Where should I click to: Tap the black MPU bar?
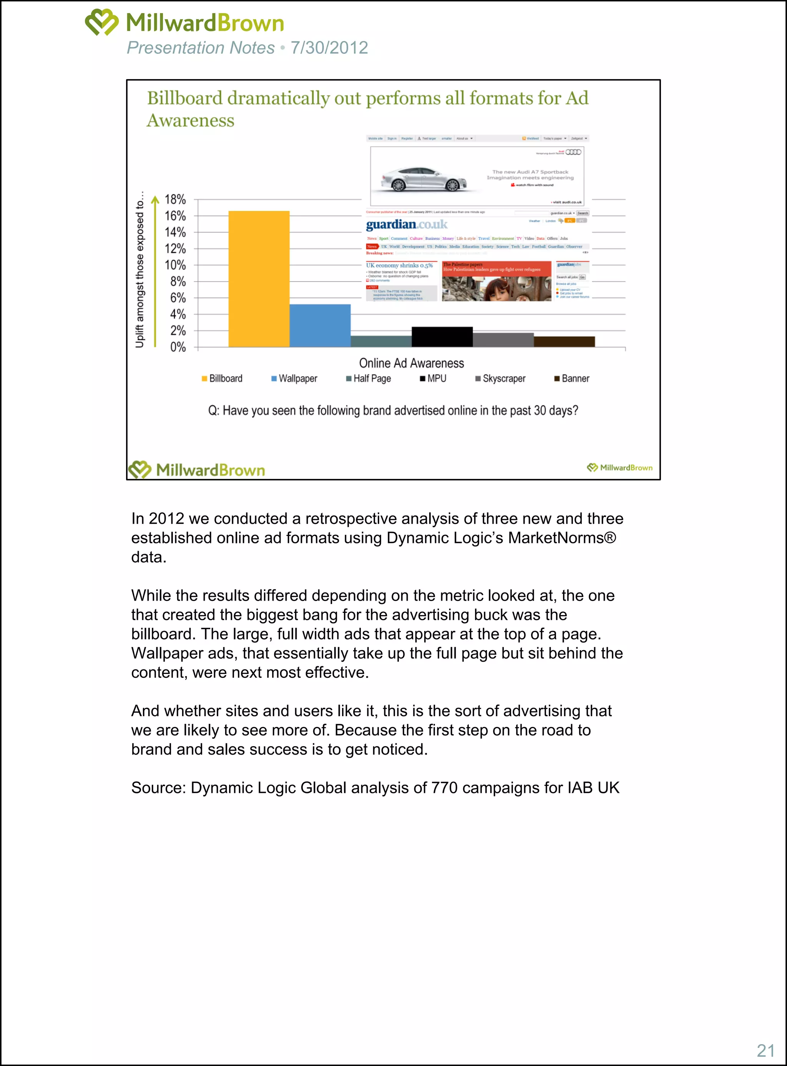pos(442,337)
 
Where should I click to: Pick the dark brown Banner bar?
pos(564,341)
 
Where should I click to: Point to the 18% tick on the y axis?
pos(175,199)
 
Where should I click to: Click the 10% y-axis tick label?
pos(175,265)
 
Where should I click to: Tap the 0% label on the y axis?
pos(178,347)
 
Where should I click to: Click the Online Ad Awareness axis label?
pos(411,363)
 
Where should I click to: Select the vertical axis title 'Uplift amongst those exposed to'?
pos(139,270)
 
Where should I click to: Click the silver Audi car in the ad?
pos(424,179)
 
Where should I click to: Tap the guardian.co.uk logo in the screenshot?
pos(406,224)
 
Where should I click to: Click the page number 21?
pos(765,1050)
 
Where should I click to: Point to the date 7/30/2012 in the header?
pos(329,48)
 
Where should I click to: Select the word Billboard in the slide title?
pos(185,98)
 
